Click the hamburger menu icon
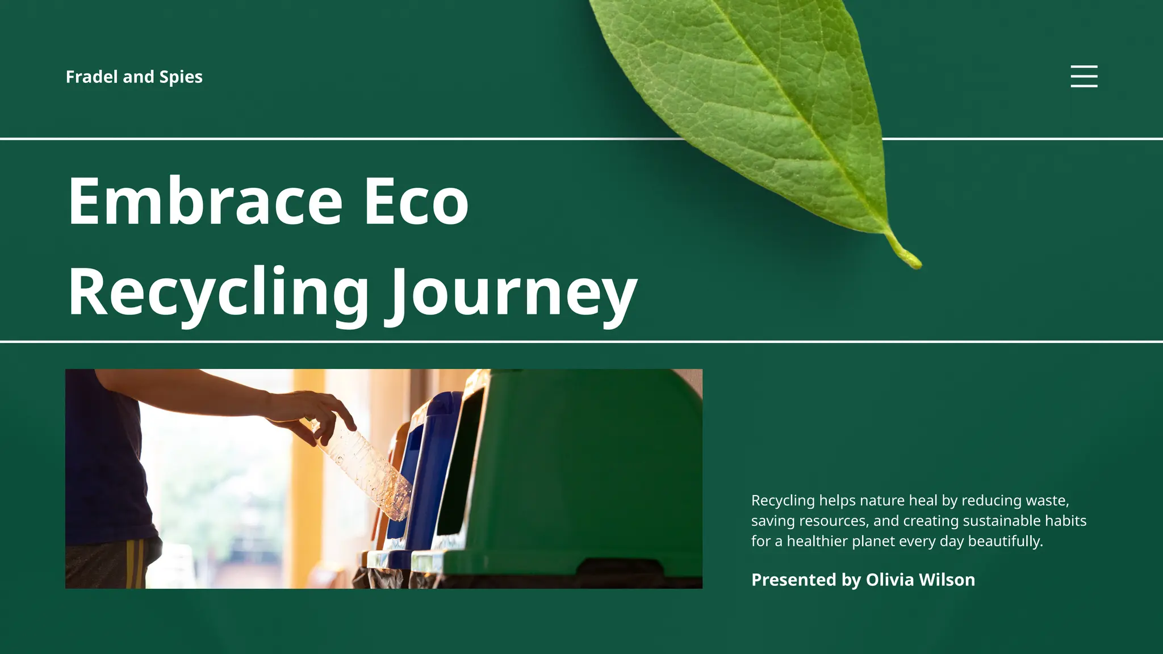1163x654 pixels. [1083, 76]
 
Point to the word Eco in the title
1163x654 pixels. [416, 201]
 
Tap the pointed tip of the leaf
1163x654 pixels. [914, 262]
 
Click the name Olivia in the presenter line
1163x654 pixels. [889, 580]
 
